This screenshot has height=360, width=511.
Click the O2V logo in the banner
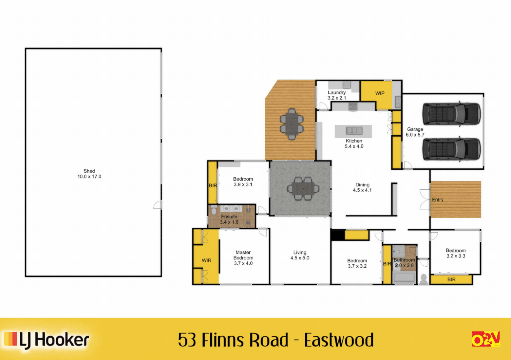pos(486,339)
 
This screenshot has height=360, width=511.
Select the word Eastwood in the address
pos(339,340)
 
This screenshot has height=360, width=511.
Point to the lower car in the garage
pos(451,149)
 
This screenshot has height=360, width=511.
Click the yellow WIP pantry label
pos(380,93)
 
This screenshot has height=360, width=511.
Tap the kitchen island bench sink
pos(354,130)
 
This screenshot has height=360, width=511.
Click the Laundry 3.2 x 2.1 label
pos(337,95)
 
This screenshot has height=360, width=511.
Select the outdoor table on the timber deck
pos(292,124)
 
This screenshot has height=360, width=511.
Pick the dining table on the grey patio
pos(303,189)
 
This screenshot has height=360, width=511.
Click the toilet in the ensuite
pos(214,210)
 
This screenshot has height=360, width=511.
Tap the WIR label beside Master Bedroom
pos(206,260)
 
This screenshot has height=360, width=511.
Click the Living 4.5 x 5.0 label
pos(300,255)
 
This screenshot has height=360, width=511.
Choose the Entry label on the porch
pos(437,200)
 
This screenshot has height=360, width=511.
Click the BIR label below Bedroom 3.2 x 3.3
pos(451,279)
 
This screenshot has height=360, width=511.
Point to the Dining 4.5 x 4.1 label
pos(362,187)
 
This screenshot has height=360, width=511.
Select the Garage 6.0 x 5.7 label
pos(415,132)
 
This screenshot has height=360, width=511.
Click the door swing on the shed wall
pos(158,205)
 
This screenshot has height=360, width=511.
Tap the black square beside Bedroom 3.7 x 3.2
pos(337,235)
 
